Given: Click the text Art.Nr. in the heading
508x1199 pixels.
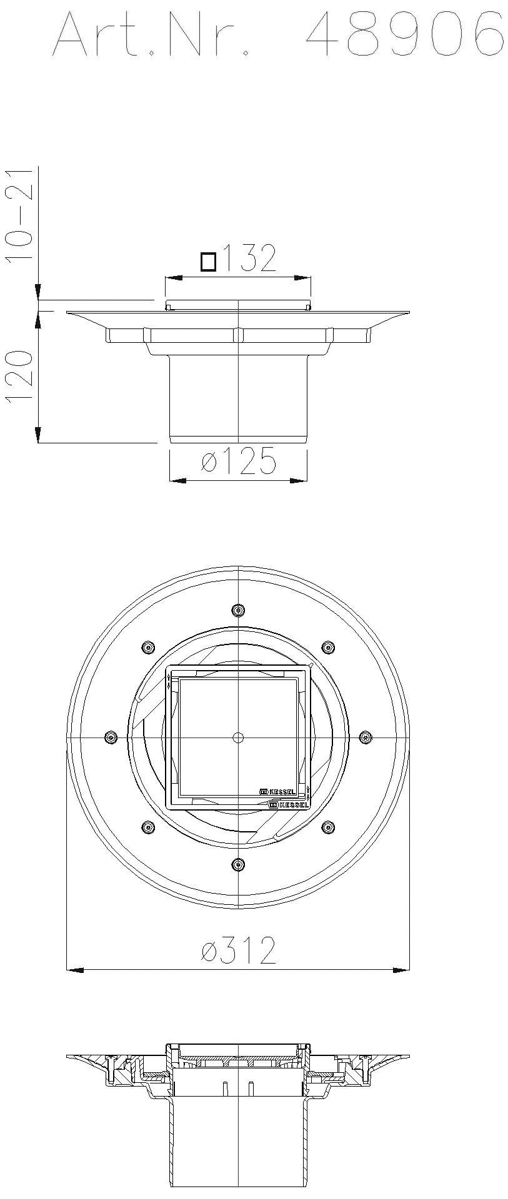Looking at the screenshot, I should click(x=154, y=35).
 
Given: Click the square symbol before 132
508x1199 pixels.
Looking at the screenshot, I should click(x=208, y=262).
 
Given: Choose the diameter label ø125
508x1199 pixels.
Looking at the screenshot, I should click(x=238, y=461).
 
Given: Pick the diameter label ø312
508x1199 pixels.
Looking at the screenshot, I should click(x=238, y=950).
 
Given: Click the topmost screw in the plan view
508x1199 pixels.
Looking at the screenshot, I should click(x=237, y=609).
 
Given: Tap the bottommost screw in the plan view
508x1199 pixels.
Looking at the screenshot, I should click(x=237, y=864).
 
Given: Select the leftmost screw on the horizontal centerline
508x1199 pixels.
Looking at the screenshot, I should click(x=111, y=737).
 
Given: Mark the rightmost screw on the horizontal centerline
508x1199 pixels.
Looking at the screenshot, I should click(x=366, y=737).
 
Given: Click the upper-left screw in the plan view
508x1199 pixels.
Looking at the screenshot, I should click(x=147, y=646).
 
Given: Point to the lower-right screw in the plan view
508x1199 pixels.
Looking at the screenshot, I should click(x=327, y=827).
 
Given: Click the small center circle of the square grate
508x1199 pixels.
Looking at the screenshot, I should click(x=237, y=738).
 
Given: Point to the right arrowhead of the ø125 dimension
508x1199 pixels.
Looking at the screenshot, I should click(x=299, y=480).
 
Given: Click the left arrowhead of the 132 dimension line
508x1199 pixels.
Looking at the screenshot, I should click(x=173, y=277).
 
